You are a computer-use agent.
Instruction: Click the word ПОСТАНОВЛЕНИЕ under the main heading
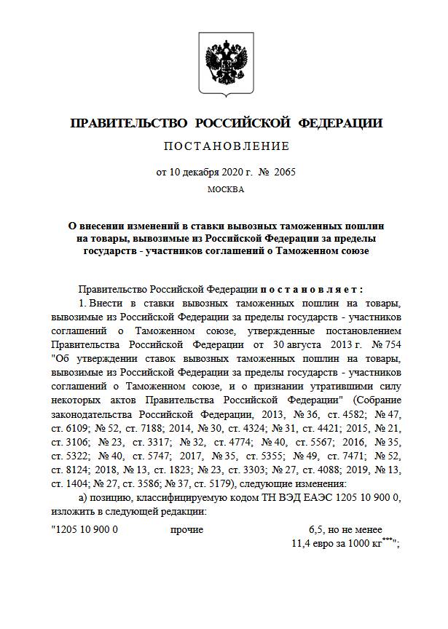click(226, 146)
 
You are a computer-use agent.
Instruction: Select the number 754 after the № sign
click(388, 344)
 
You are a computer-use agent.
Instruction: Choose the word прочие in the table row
click(186, 530)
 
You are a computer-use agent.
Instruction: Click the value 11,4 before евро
click(302, 543)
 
